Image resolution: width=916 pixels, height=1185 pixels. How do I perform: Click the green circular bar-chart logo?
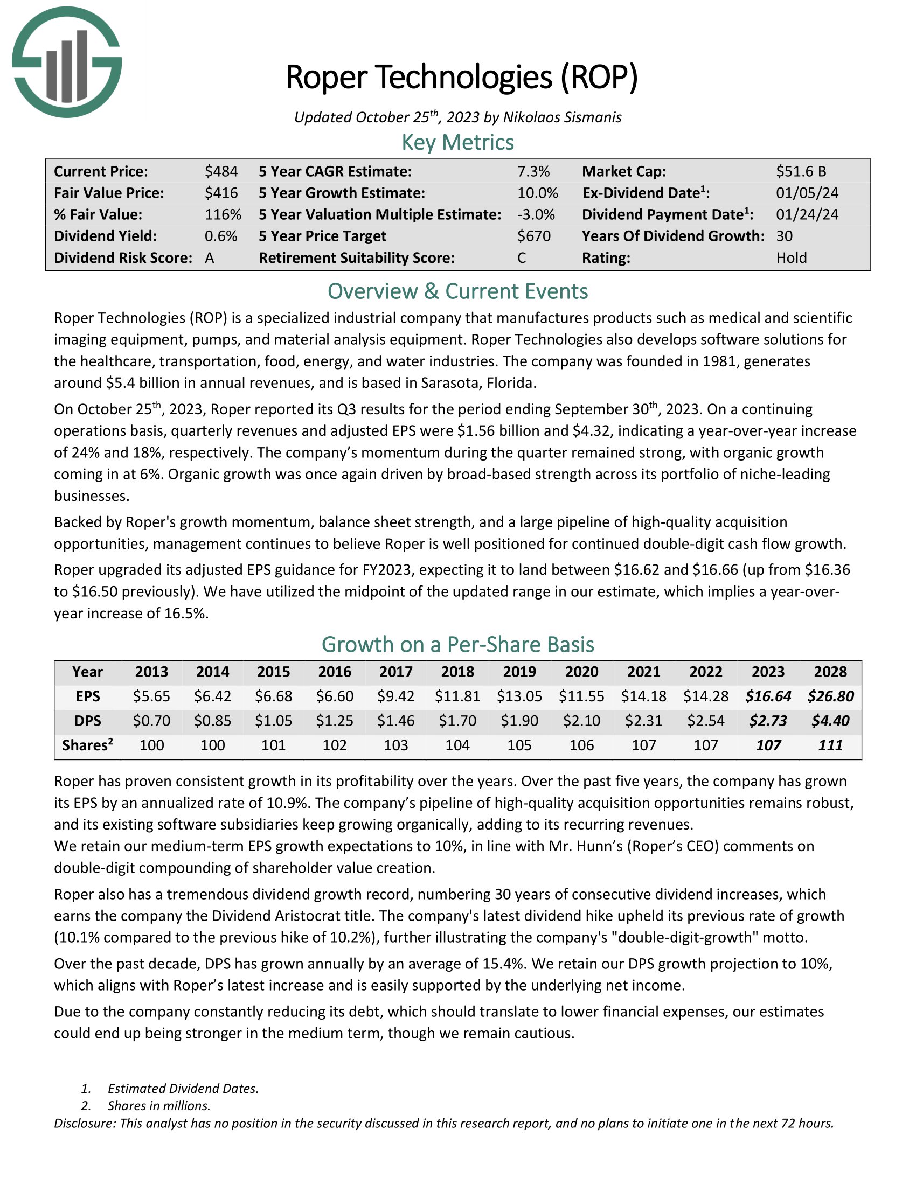(x=66, y=62)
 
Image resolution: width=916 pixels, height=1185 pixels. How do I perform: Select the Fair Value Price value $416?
(x=221, y=193)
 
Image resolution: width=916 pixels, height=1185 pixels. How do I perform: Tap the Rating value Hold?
(x=791, y=257)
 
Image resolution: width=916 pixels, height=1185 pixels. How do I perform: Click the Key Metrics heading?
(x=457, y=143)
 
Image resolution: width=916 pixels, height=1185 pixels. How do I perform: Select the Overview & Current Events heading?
(x=457, y=291)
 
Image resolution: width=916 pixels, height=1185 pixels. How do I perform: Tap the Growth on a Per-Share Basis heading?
(x=457, y=645)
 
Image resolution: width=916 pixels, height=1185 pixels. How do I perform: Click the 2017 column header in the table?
(x=395, y=672)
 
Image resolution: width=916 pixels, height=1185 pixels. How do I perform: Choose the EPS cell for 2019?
(x=519, y=696)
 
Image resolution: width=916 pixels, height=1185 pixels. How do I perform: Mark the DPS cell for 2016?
(x=334, y=721)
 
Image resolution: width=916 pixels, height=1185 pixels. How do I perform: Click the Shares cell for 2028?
(x=830, y=745)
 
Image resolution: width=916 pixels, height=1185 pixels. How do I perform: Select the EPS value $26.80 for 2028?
(x=830, y=696)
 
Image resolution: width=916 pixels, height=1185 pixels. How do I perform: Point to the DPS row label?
(x=87, y=721)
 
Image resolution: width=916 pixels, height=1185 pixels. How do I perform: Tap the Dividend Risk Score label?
(x=123, y=257)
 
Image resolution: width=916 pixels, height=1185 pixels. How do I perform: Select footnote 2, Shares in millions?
(x=158, y=1106)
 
